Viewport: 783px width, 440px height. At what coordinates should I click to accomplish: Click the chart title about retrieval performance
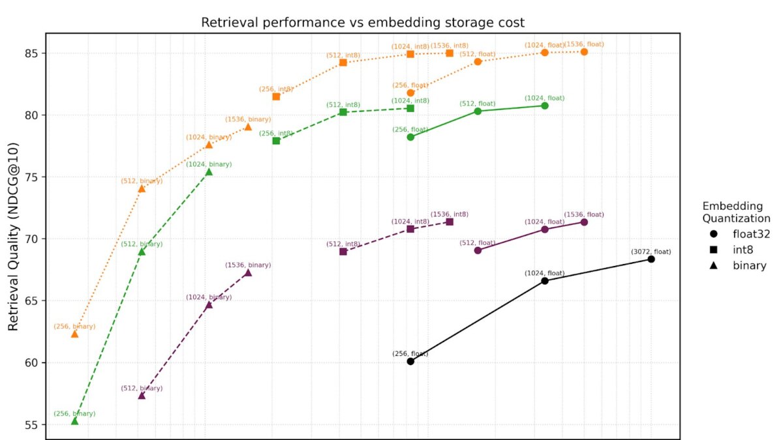362,23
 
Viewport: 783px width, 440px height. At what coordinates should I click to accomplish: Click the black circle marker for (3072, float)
651,259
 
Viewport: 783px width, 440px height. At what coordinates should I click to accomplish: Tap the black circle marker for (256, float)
410,361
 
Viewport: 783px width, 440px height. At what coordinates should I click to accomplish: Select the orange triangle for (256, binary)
74,334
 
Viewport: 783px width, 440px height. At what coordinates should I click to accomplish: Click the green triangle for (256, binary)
74,421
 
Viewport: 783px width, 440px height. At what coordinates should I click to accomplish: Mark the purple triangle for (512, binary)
142,396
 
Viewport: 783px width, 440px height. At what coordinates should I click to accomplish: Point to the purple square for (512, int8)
343,252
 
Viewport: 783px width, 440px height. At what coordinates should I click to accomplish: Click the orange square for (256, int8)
276,96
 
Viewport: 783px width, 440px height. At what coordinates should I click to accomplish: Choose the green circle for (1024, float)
545,106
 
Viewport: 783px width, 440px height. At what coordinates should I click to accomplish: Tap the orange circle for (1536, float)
584,51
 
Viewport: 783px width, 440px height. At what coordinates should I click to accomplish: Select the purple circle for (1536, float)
584,222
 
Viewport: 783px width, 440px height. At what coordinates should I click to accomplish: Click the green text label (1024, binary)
209,164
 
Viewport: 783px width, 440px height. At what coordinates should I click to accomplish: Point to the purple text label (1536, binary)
248,265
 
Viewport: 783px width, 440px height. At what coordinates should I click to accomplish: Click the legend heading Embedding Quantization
731,212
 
